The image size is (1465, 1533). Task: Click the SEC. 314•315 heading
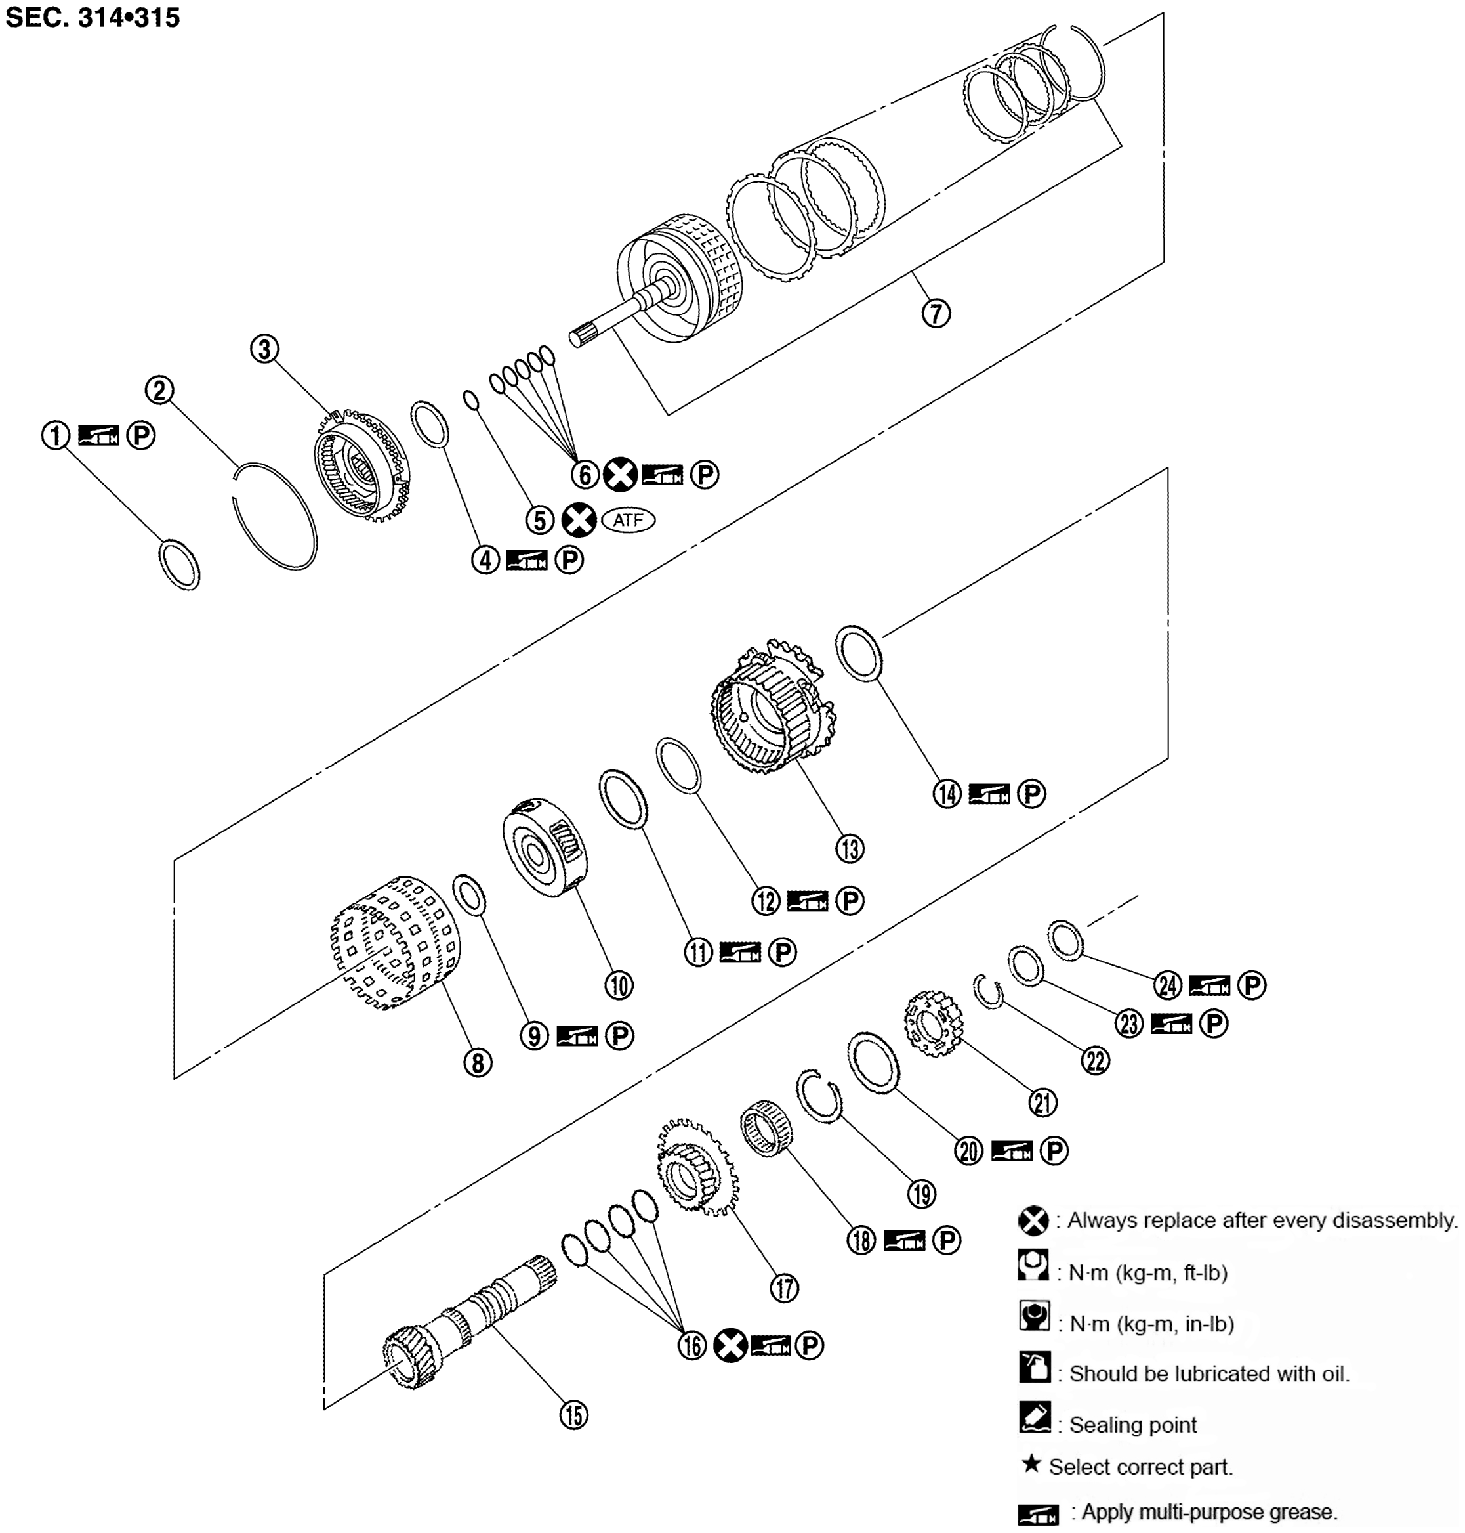(92, 17)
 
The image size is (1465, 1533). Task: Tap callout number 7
(936, 313)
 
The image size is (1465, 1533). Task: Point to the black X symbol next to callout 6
(620, 473)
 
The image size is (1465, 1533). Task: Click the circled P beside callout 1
(141, 435)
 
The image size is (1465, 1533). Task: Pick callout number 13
(850, 848)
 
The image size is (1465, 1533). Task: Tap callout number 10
(619, 985)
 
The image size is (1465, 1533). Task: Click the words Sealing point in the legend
(1132, 1425)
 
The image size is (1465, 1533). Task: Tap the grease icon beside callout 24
(1209, 986)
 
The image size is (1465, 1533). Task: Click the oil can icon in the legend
(1035, 1368)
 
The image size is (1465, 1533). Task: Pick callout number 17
(784, 1287)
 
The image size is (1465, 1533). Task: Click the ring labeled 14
(859, 653)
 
